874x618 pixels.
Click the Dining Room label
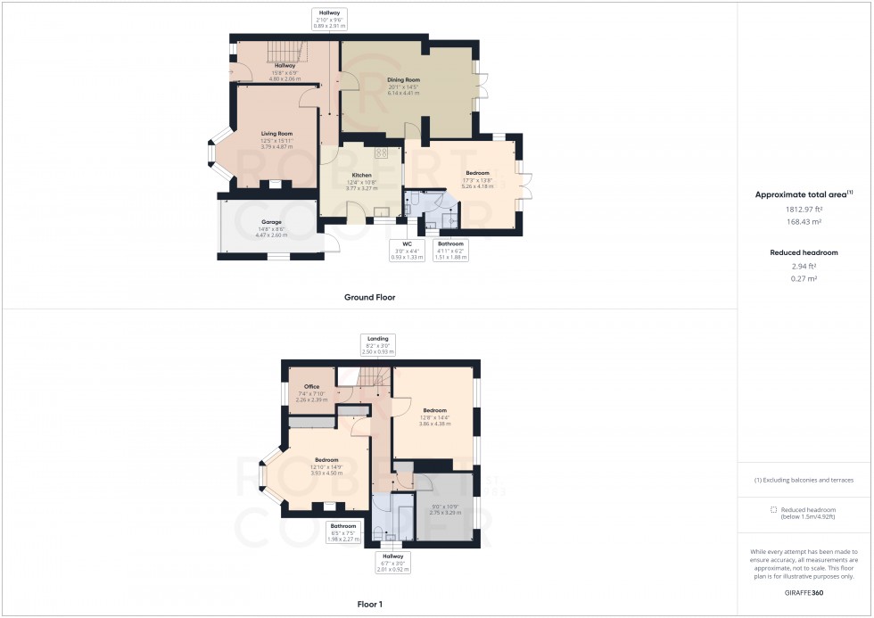point(403,79)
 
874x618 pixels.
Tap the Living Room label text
point(276,133)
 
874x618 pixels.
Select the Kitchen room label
point(361,175)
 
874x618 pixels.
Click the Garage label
point(272,221)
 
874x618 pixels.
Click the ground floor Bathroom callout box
point(450,250)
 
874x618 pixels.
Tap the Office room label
point(311,387)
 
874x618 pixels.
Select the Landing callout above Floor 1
point(376,345)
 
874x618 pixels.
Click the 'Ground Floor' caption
point(369,297)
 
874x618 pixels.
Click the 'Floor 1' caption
point(369,605)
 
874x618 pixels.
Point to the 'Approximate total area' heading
point(804,194)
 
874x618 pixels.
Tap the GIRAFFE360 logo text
point(805,591)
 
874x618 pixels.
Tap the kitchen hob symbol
point(381,152)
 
